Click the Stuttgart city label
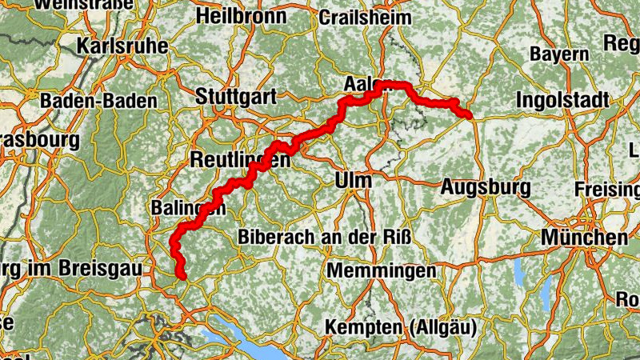coord(236,97)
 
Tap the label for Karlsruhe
coord(122,46)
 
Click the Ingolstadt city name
coord(562,100)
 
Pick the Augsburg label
coord(486,188)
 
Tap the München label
coord(584,238)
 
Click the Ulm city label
coord(354,181)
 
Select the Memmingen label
coord(380,270)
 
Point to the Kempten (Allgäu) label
coord(400,326)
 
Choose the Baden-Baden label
coord(93,101)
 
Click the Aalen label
coord(364,84)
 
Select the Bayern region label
coord(559,54)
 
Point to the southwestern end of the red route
coord(183,276)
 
